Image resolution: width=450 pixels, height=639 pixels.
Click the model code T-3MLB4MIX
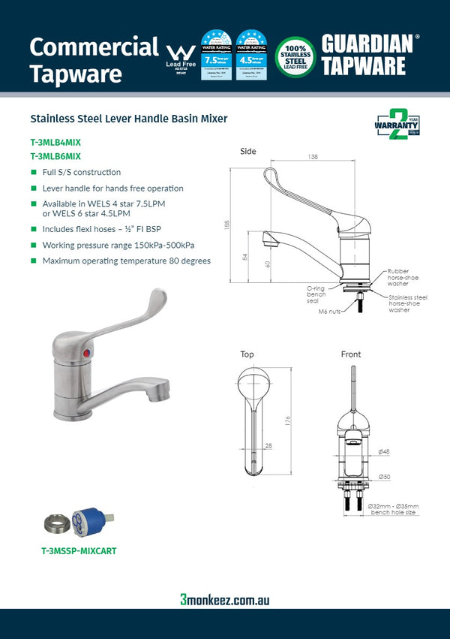pyautogui.click(x=55, y=141)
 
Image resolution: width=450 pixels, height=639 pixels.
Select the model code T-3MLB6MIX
pyautogui.click(x=55, y=156)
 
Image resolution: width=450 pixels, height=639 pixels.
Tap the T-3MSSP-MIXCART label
pyautogui.click(x=79, y=550)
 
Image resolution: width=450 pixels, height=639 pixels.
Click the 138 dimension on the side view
pyautogui.click(x=313, y=157)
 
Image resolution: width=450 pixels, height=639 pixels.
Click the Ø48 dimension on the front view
pyautogui.click(x=383, y=451)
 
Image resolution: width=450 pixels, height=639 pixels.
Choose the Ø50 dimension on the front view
pyautogui.click(x=383, y=477)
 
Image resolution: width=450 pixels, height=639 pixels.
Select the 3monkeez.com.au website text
pyautogui.click(x=224, y=599)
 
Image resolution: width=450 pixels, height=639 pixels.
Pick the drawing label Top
pyautogui.click(x=247, y=354)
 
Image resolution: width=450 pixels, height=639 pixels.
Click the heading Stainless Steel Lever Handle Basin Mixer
pyautogui.click(x=128, y=119)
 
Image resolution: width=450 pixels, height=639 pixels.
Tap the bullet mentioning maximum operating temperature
pyautogui.click(x=126, y=261)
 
